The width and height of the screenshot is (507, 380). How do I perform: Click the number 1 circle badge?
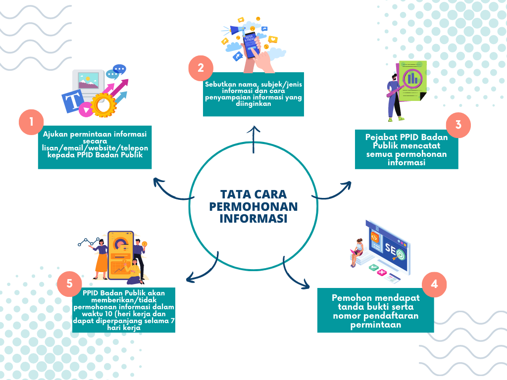point(31,122)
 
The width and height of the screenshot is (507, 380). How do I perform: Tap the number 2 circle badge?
point(201,68)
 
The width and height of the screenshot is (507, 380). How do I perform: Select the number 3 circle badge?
point(458,125)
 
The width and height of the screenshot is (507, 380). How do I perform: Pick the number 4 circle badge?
point(434,285)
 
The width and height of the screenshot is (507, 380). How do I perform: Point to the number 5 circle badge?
point(69,284)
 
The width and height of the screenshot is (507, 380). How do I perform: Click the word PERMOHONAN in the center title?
point(253,206)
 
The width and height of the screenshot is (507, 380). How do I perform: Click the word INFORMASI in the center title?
point(253,219)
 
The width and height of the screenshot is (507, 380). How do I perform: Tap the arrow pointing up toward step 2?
point(253,139)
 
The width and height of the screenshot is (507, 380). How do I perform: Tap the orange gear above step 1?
point(103,105)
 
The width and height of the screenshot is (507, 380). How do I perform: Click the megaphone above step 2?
point(238,30)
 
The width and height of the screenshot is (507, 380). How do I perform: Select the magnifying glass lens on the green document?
point(412,79)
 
